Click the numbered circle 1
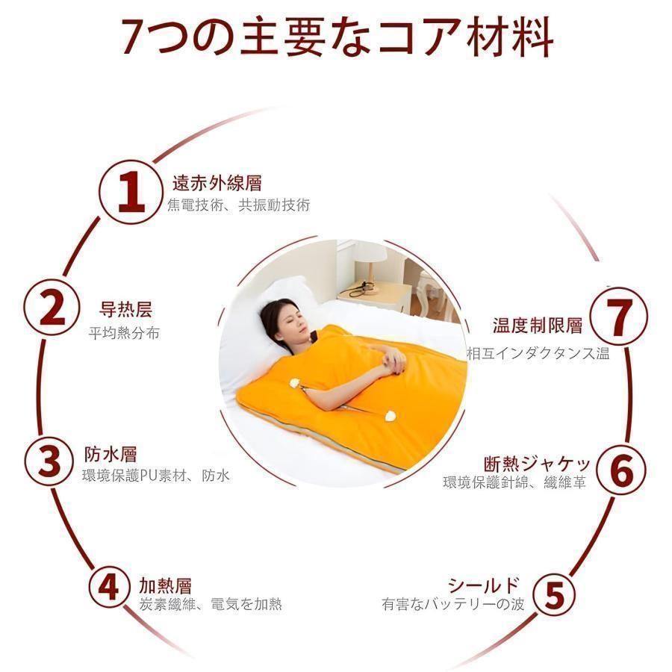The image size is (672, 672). click(131, 192)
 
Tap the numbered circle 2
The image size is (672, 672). click(52, 308)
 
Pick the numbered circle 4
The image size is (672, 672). click(109, 587)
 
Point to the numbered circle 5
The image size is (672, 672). click(554, 594)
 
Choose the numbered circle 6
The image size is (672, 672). click(620, 470)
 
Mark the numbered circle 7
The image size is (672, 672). click(618, 317)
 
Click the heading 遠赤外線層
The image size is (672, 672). click(217, 183)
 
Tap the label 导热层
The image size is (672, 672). click(125, 309)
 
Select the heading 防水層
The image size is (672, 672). click(111, 455)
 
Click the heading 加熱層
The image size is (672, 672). click(165, 585)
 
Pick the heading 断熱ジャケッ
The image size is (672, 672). click(538, 464)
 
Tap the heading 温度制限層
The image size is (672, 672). click(538, 326)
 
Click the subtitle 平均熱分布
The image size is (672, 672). click(124, 333)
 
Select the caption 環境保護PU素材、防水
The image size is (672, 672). click(156, 476)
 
